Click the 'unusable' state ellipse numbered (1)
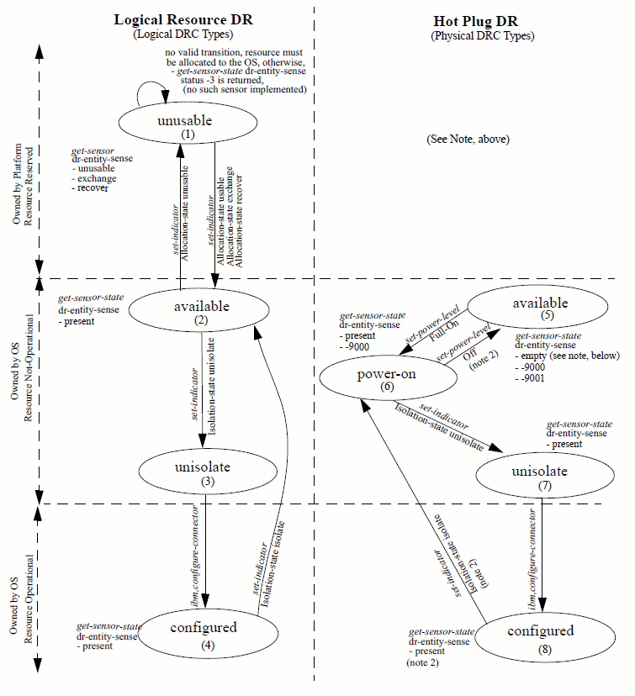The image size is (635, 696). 186,124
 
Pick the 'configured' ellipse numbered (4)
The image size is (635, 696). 203,633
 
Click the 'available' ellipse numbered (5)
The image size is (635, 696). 530,308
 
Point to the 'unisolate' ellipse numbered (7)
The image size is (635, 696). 539,475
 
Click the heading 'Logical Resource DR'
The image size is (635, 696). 183,20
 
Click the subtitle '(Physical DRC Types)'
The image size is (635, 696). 482,36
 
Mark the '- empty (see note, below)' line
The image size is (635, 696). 567,356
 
